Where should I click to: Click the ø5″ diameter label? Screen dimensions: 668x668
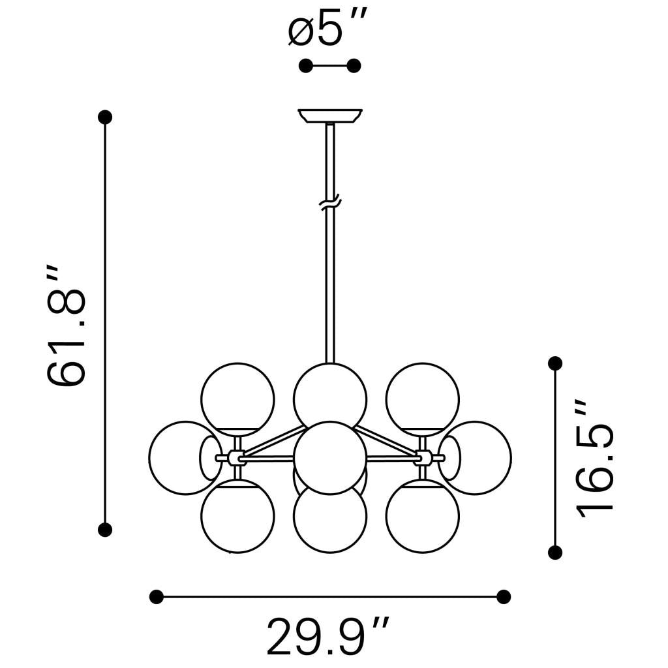pos(327,29)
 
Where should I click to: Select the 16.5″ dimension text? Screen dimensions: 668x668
pos(595,459)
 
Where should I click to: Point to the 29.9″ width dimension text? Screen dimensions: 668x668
pos(327,638)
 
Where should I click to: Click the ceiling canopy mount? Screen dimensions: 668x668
pos(329,116)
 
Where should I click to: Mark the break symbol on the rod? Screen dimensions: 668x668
pos(330,203)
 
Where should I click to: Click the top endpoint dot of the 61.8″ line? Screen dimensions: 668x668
pos(105,117)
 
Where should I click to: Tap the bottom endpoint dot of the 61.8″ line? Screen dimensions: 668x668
pos(105,530)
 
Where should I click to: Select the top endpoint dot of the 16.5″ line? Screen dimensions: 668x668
pos(555,363)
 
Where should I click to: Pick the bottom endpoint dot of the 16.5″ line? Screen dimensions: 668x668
pos(555,553)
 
